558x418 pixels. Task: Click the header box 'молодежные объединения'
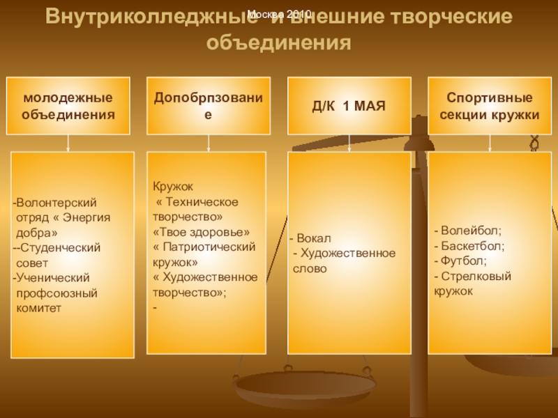tap(68, 105)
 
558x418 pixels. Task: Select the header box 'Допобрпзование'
tap(209, 105)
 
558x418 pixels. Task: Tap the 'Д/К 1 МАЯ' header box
tap(349, 105)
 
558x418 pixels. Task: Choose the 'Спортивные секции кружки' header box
tap(489, 105)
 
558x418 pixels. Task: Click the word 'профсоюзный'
tap(56, 293)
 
